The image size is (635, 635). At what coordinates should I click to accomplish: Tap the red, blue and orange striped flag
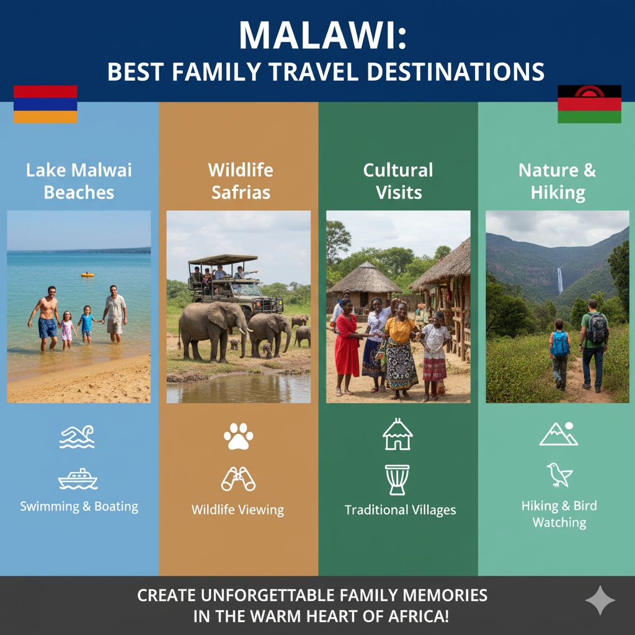click(x=45, y=104)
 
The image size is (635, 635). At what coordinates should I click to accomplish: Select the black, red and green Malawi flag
click(x=589, y=104)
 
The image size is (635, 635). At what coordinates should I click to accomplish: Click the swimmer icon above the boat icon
click(x=77, y=437)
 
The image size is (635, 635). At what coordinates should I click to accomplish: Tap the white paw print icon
click(x=239, y=436)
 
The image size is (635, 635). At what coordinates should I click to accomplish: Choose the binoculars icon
click(x=238, y=479)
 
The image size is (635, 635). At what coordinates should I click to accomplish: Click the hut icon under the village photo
click(x=397, y=435)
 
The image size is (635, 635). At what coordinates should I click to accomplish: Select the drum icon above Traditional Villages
click(x=397, y=480)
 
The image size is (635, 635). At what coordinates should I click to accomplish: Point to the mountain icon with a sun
click(x=559, y=433)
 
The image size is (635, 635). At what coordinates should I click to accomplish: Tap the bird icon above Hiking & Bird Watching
click(x=559, y=474)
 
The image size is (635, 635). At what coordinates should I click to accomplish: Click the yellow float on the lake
click(x=87, y=275)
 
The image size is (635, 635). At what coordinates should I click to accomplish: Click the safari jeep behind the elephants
click(x=235, y=283)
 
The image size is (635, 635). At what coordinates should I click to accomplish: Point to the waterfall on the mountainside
click(x=560, y=280)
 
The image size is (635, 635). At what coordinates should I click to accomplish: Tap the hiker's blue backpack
click(x=560, y=344)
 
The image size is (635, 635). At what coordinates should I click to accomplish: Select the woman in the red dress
click(x=347, y=347)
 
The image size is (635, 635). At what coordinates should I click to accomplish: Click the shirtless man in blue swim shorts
click(x=46, y=318)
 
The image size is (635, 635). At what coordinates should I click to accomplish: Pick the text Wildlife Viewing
click(x=238, y=510)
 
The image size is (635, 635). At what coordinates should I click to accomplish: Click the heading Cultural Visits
click(x=398, y=181)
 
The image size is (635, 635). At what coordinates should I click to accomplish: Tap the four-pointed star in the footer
click(x=600, y=600)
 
